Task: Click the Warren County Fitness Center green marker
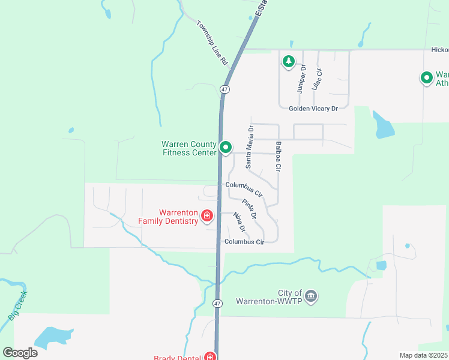click(x=226, y=146)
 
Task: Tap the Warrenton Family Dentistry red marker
click(x=206, y=215)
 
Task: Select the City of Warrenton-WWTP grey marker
click(x=311, y=296)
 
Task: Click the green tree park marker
click(x=289, y=61)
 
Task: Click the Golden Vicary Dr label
click(x=313, y=109)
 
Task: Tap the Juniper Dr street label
click(x=301, y=79)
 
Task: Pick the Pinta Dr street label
click(x=250, y=208)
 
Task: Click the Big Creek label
click(x=18, y=306)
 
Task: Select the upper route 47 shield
click(x=224, y=89)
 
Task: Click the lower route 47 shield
click(x=217, y=304)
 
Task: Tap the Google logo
click(x=20, y=352)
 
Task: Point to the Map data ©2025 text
click(x=424, y=355)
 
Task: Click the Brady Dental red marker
click(x=209, y=356)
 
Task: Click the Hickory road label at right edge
click(x=439, y=50)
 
